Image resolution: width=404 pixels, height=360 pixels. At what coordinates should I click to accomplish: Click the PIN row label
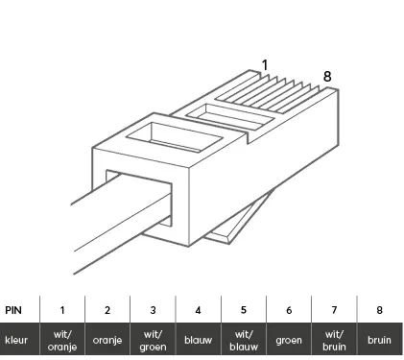(x=13, y=310)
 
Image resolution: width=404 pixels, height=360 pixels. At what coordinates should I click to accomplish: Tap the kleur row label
(x=16, y=340)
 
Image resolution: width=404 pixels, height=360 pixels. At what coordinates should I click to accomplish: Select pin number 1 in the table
(x=62, y=310)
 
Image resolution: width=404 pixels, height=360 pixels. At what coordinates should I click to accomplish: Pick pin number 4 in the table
(x=199, y=310)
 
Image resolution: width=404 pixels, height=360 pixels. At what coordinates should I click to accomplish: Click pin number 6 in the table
(x=289, y=310)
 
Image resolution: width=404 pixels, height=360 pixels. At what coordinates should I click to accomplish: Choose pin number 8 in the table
(x=379, y=310)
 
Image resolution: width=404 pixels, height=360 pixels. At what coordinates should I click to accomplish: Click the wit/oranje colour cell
(x=62, y=341)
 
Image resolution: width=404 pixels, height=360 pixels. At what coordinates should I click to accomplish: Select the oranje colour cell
(x=107, y=340)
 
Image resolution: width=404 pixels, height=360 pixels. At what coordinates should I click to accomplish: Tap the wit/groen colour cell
(x=153, y=341)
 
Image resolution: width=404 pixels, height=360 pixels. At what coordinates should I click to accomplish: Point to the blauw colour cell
(x=199, y=340)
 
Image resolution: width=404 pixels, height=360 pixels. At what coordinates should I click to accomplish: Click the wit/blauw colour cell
(x=244, y=341)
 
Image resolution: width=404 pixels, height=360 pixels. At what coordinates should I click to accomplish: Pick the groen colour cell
(x=289, y=341)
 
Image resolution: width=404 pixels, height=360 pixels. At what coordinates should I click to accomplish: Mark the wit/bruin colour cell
(x=334, y=341)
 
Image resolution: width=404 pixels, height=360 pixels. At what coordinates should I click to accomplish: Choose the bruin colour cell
(x=379, y=340)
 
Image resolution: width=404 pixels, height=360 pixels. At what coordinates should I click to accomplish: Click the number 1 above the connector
(x=265, y=65)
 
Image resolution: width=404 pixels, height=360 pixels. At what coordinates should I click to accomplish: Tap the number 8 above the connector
(x=327, y=77)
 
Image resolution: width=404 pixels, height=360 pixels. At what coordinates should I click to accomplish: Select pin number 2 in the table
(x=107, y=310)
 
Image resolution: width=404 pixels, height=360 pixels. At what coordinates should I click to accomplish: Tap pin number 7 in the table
(x=334, y=310)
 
